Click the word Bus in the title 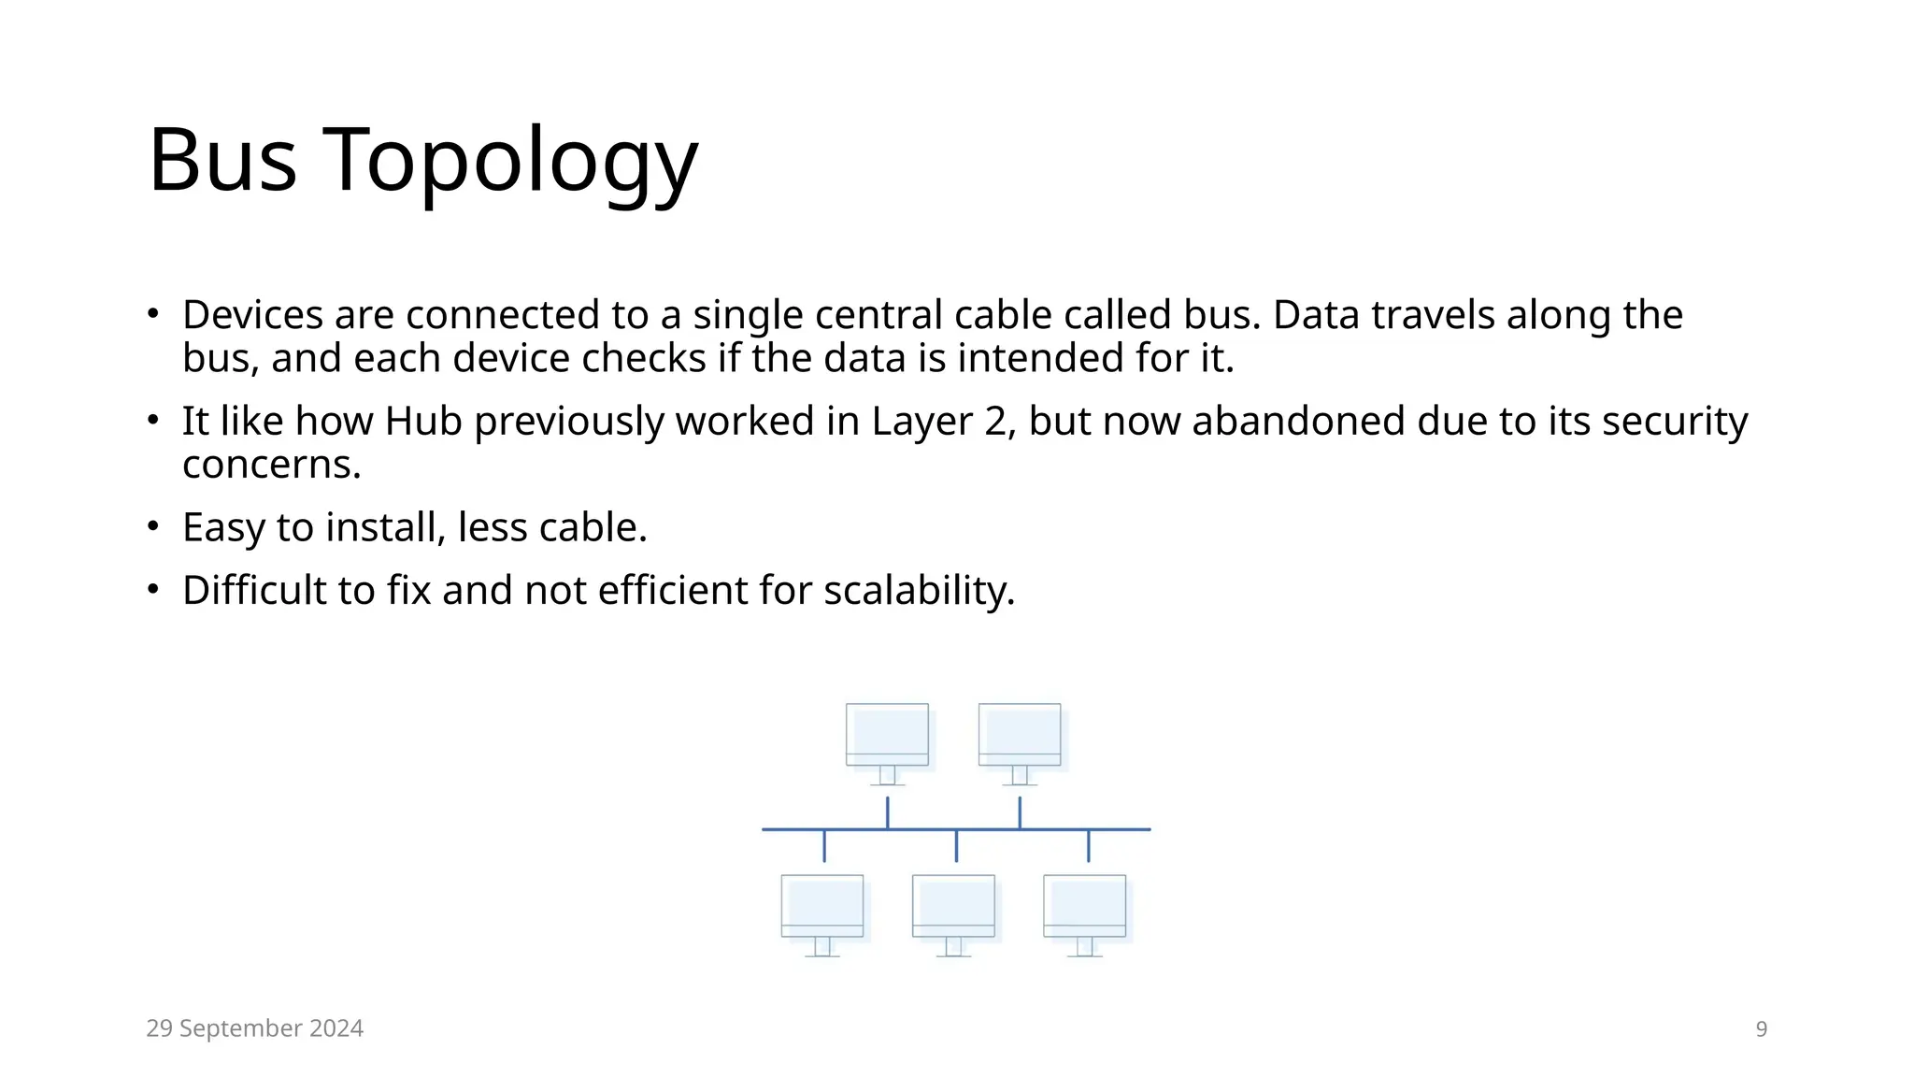[x=222, y=161]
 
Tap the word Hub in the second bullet [x=423, y=422]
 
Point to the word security [x=1675, y=422]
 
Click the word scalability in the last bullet [x=918, y=591]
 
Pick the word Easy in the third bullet [x=223, y=528]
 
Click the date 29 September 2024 [x=254, y=1028]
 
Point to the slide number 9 [x=1761, y=1029]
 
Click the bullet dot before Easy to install [x=153, y=526]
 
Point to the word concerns [x=271, y=465]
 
